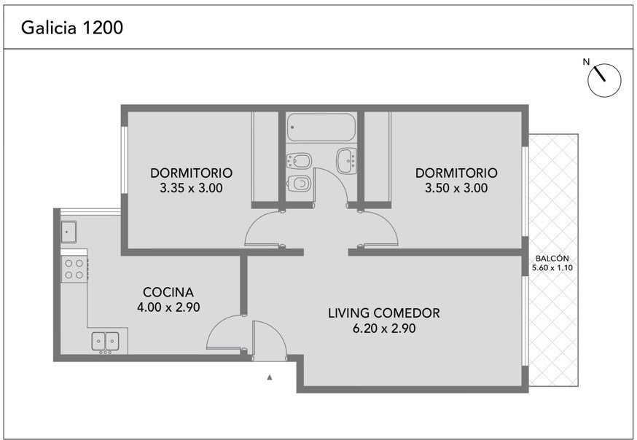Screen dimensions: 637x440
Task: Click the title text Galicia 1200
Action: click(72, 28)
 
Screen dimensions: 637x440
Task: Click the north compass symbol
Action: click(604, 80)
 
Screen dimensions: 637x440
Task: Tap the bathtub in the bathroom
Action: click(321, 127)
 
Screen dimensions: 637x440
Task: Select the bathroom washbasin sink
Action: click(346, 161)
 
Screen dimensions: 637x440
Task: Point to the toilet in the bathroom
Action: click(299, 184)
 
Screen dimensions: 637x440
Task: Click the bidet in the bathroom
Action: click(299, 161)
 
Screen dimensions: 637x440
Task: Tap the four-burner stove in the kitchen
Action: click(74, 269)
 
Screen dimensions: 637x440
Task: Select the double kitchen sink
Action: click(105, 341)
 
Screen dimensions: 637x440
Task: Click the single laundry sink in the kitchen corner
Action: click(69, 232)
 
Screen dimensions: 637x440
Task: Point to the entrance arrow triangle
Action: click(270, 377)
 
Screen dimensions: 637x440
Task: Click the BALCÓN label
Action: click(552, 259)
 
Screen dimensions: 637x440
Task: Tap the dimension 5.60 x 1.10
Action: click(552, 268)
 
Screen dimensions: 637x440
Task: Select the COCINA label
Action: click(168, 292)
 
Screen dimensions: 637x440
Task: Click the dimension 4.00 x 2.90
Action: click(168, 307)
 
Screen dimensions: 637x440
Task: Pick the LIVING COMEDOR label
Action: click(384, 313)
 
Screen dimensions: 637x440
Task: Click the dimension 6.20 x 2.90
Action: click(384, 329)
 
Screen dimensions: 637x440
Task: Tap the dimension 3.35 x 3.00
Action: click(191, 189)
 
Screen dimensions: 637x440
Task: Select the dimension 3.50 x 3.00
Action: click(456, 189)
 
